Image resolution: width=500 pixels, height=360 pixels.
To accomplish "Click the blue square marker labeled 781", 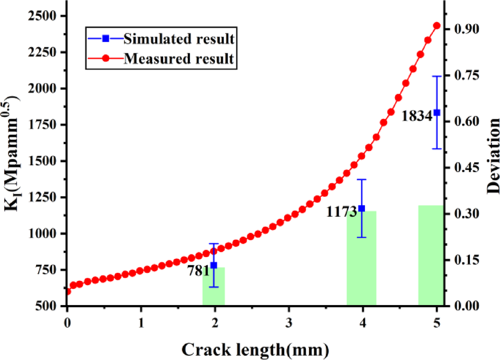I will [214, 265].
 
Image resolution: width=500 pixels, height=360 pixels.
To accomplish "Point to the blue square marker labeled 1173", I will [362, 208].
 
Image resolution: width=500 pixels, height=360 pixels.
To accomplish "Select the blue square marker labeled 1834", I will [436, 112].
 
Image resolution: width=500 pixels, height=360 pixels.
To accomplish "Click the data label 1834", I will [417, 116].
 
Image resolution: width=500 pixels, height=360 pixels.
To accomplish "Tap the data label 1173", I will [342, 212].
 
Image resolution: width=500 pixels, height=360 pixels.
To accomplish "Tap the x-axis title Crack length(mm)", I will [255, 349].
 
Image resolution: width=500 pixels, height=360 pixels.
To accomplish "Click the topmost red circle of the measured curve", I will [436, 26].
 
